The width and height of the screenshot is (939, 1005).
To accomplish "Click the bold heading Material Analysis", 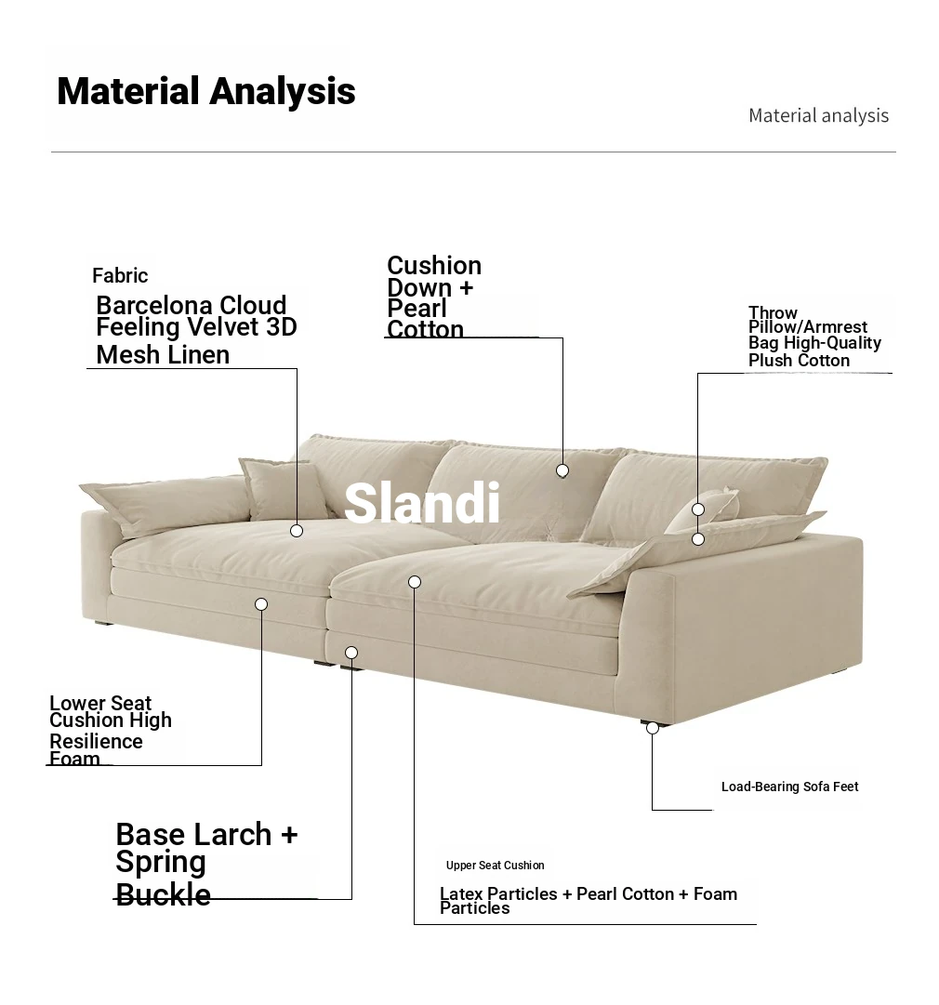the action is click(x=205, y=91).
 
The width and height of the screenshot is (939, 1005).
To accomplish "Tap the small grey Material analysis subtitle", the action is click(x=818, y=115).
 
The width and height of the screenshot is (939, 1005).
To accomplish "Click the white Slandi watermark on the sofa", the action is click(x=422, y=503).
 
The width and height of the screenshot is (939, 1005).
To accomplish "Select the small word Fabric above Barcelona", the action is click(x=120, y=275).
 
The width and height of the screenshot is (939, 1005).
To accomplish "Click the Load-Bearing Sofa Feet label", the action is click(x=789, y=787).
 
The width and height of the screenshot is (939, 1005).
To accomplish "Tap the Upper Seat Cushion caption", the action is click(x=495, y=866).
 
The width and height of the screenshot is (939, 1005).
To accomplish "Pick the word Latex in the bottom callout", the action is click(x=461, y=893).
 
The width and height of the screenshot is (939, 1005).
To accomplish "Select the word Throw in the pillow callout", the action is click(x=773, y=312).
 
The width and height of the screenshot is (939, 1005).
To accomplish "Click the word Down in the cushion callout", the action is click(x=419, y=287).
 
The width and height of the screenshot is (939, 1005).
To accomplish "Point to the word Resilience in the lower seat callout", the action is click(x=96, y=742).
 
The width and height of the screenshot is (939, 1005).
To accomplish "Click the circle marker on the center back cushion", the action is click(x=562, y=471).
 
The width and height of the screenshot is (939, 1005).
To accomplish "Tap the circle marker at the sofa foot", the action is click(x=653, y=728).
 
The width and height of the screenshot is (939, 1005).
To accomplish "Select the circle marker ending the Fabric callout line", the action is click(x=297, y=531).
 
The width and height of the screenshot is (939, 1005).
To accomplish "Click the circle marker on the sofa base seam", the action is click(x=351, y=653).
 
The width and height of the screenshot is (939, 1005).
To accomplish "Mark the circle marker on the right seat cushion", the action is click(x=415, y=582).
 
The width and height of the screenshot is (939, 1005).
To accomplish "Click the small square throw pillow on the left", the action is click(x=284, y=489).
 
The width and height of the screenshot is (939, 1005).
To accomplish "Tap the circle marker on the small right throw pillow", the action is click(x=698, y=509).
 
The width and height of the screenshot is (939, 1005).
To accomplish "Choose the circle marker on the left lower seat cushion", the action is click(x=261, y=604).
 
